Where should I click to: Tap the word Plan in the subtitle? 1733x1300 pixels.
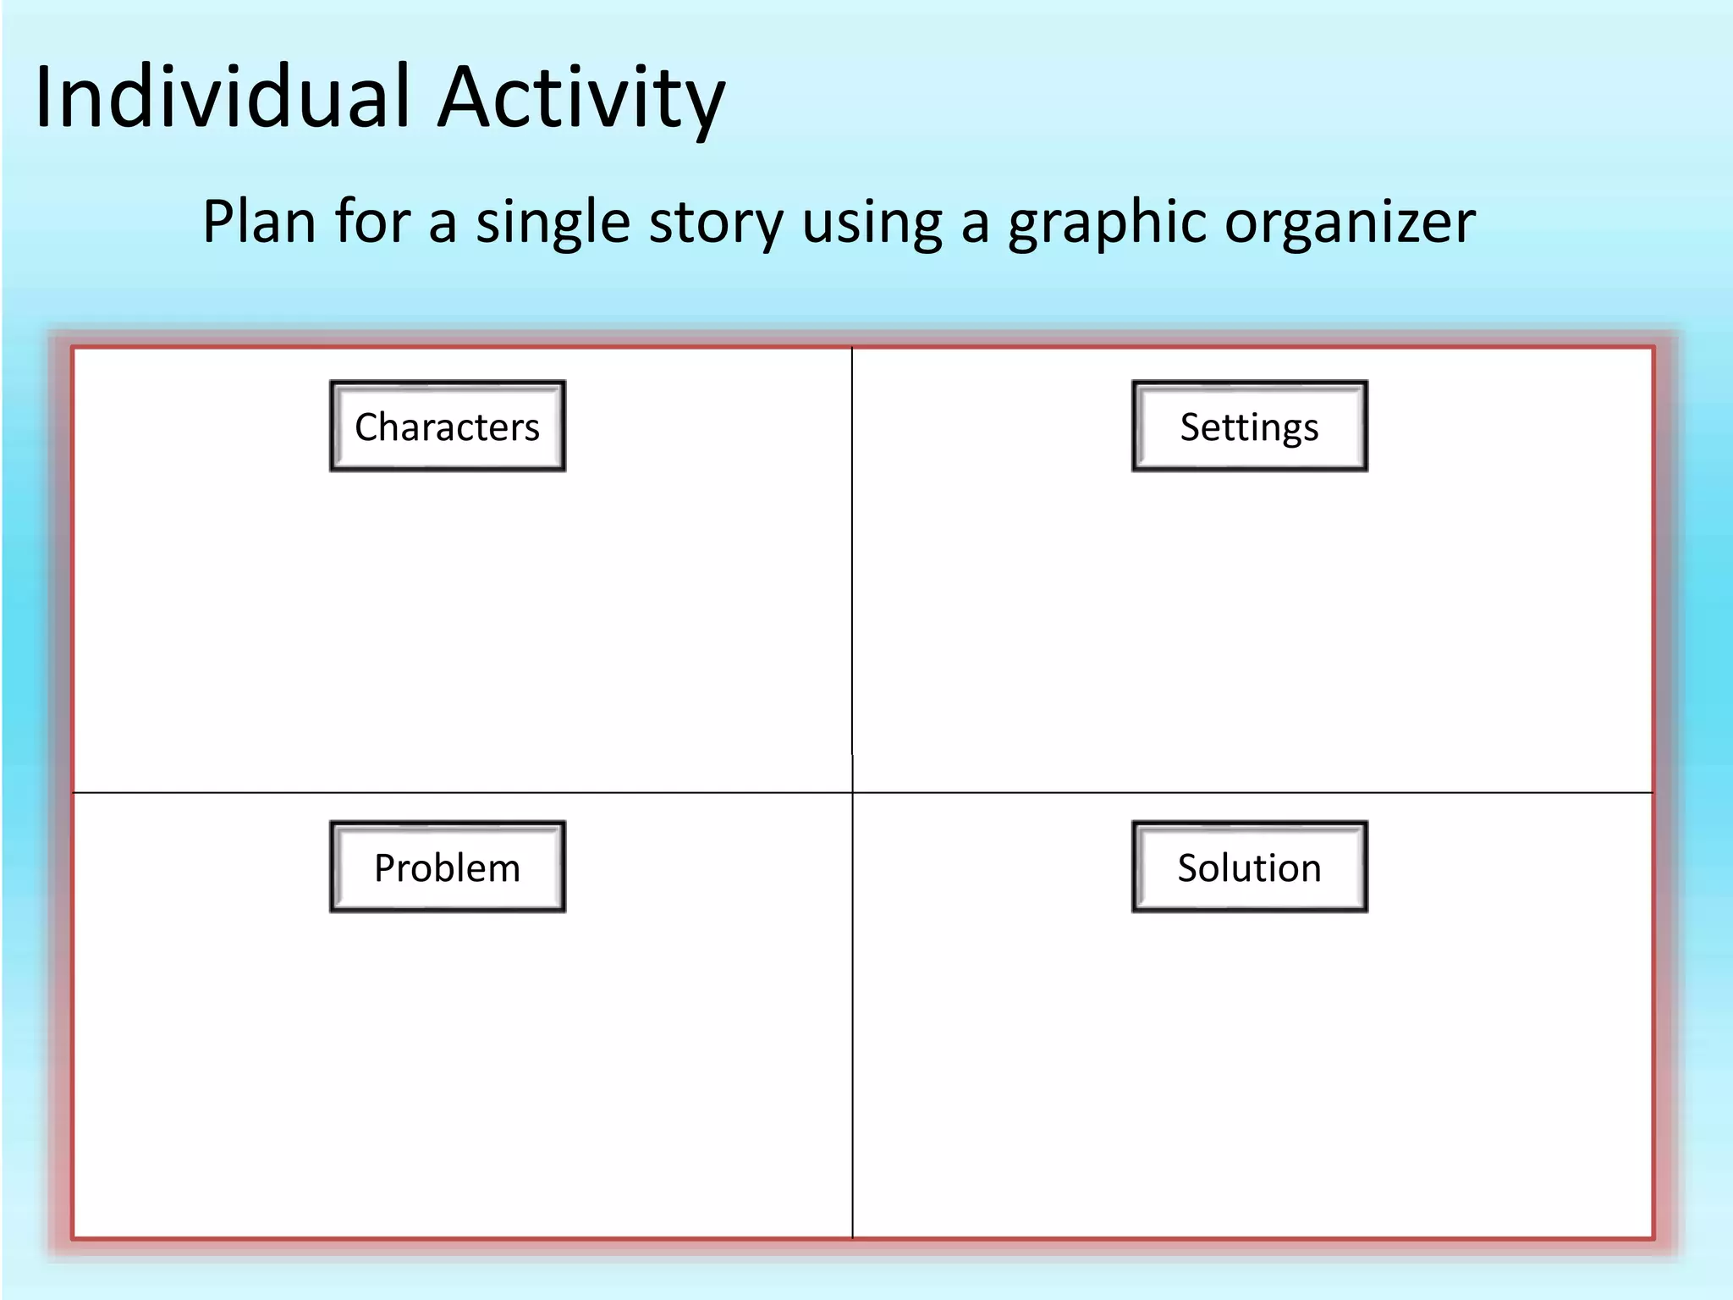[259, 222]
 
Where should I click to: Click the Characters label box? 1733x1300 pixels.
[448, 426]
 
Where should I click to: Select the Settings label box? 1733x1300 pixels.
[1249, 426]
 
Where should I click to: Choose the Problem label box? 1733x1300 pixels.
[448, 867]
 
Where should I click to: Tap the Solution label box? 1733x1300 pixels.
[1249, 867]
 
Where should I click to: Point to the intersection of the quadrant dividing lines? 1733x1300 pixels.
[852, 793]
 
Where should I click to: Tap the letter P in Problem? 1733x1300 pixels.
[385, 868]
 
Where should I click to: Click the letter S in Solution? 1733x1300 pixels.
[1189, 868]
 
